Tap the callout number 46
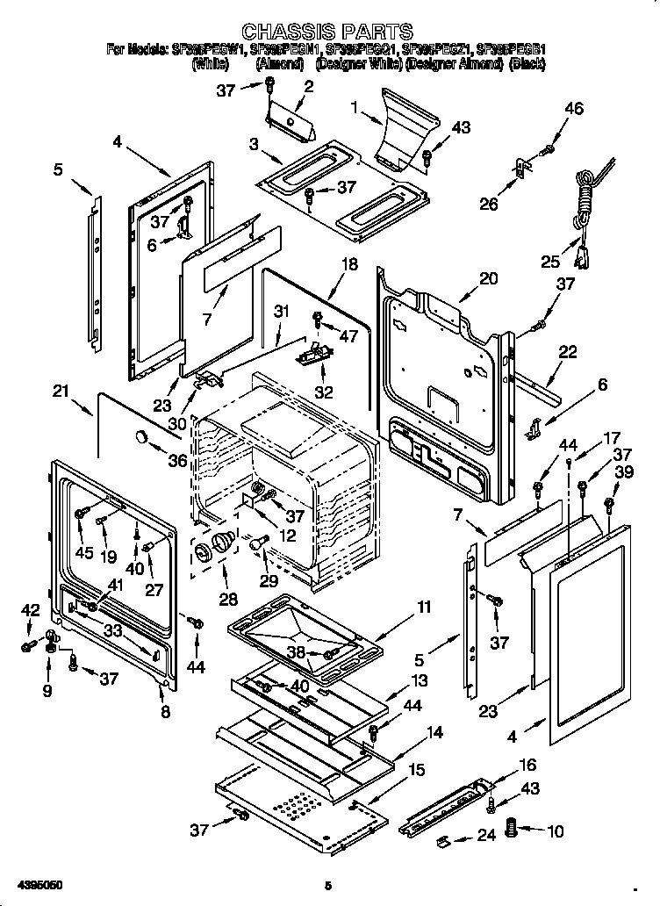tap(573, 110)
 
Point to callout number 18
tap(349, 264)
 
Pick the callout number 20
tap(488, 279)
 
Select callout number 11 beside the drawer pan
tap(424, 608)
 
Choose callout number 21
tap(60, 391)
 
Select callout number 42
tap(30, 610)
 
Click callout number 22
tap(568, 352)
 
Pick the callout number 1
tap(354, 109)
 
